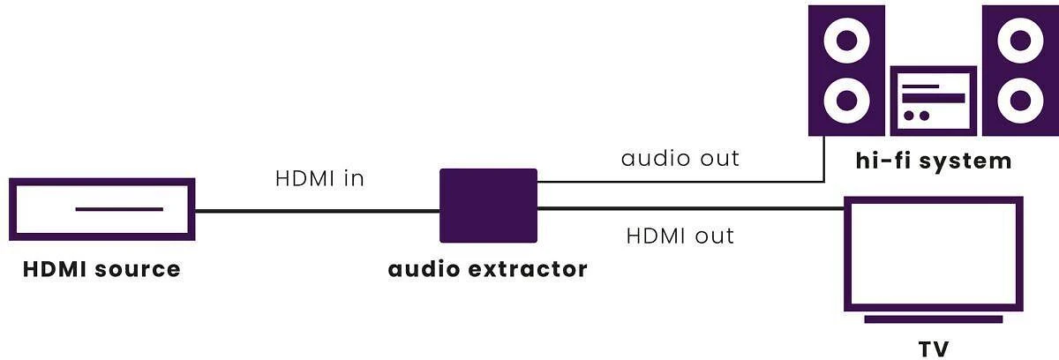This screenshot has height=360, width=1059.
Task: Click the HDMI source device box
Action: click(x=102, y=182)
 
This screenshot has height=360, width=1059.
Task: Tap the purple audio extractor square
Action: click(x=488, y=206)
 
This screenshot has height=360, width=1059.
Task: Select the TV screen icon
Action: click(x=934, y=200)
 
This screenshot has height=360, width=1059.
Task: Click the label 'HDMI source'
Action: click(x=101, y=269)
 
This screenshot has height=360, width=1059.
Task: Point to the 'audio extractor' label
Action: click(x=487, y=269)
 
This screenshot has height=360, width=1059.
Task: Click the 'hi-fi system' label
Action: click(x=934, y=161)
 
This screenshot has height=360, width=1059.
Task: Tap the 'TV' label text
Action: click(x=934, y=349)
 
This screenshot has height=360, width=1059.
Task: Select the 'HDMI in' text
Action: click(x=319, y=178)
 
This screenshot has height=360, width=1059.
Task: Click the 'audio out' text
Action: click(x=680, y=158)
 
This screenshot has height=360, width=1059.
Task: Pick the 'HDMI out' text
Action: click(x=680, y=236)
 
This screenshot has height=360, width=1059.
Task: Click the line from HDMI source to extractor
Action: click(x=317, y=211)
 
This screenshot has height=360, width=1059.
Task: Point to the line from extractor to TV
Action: click(x=691, y=208)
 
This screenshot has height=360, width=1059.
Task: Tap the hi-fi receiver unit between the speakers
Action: click(x=934, y=70)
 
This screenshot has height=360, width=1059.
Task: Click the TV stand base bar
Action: click(x=934, y=319)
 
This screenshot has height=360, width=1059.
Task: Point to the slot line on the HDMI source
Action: click(x=119, y=209)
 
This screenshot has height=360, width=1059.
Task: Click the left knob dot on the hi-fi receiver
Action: click(x=909, y=116)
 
